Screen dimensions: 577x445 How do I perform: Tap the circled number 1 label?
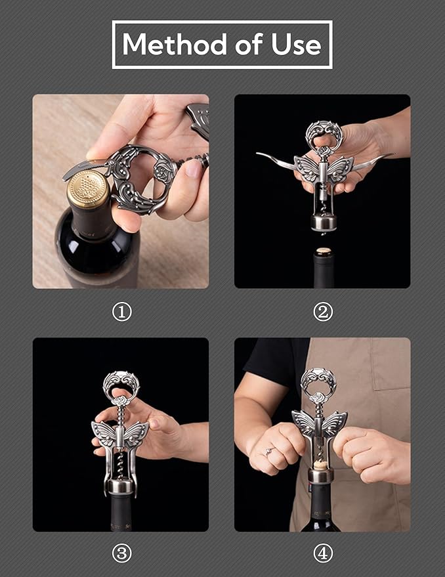point(121,312)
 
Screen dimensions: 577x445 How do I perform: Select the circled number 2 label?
point(322,312)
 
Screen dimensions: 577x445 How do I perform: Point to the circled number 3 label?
point(121,553)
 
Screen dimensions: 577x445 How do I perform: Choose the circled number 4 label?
point(322,553)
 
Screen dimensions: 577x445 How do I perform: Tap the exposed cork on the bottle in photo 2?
point(322,251)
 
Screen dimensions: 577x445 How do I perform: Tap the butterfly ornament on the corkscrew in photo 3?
point(121,433)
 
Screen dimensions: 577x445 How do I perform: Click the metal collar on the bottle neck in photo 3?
point(121,486)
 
